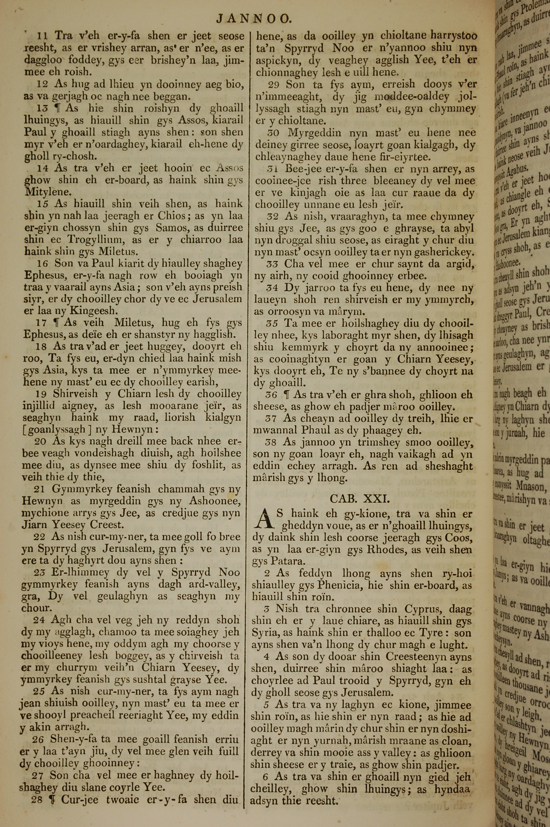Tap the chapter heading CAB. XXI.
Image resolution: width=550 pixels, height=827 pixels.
coord(360,498)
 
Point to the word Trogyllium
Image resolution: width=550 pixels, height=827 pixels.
coord(93,240)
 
